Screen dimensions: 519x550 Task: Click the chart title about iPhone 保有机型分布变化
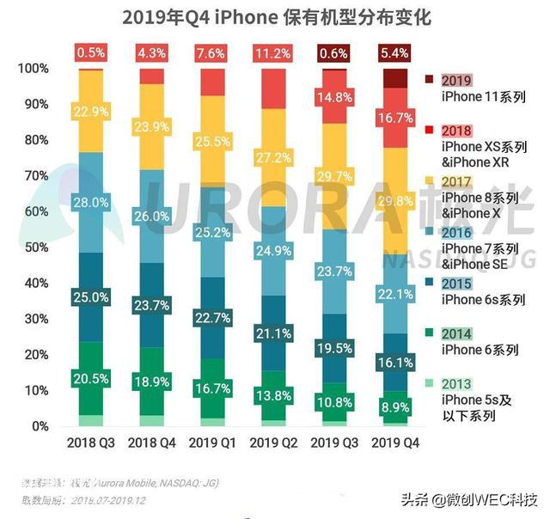pyautogui.click(x=276, y=16)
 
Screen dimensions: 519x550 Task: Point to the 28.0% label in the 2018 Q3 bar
pyautogui.click(x=91, y=203)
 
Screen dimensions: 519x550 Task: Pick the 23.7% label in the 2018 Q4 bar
pyautogui.click(x=151, y=305)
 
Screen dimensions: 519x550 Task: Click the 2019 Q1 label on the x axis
pyautogui.click(x=212, y=442)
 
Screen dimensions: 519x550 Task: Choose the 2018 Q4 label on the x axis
pyautogui.click(x=151, y=442)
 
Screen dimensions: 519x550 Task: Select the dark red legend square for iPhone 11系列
pyautogui.click(x=427, y=80)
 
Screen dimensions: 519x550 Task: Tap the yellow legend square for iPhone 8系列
pyautogui.click(x=427, y=181)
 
